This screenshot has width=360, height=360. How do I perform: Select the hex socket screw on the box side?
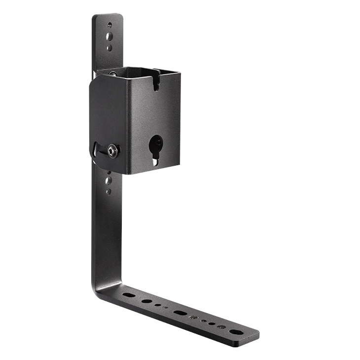coord(113,151)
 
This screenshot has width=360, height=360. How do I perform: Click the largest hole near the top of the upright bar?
coord(109,36)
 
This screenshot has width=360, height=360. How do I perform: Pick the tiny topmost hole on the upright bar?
coord(109,24)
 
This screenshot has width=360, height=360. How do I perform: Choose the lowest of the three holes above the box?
coord(109,48)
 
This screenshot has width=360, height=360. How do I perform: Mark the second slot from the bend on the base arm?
coord(146,301)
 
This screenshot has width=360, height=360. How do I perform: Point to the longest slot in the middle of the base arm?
coord(179,312)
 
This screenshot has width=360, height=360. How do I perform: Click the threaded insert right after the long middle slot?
coord(194,318)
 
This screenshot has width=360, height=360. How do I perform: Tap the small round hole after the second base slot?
coord(158,305)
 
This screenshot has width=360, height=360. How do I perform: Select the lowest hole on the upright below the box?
coord(108,191)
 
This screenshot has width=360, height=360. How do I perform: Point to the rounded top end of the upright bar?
coord(107,17)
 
